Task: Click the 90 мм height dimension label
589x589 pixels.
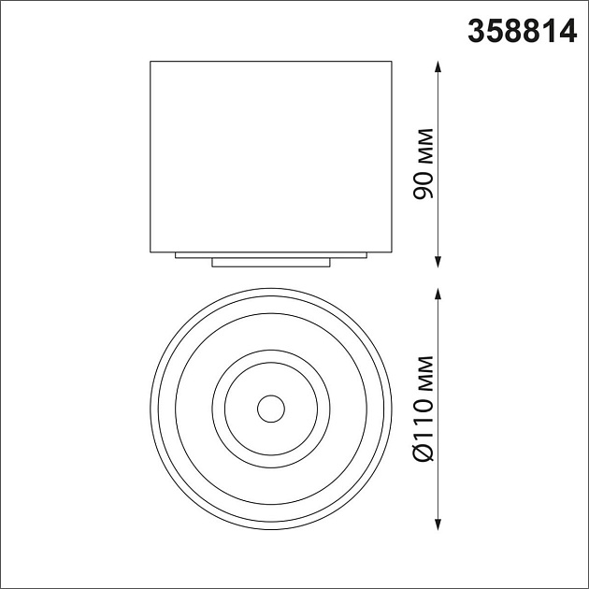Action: click(x=423, y=162)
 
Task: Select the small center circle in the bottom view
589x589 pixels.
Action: click(x=271, y=408)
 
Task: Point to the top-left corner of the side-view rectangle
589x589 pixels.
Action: click(x=151, y=61)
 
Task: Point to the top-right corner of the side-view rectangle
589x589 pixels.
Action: click(x=392, y=61)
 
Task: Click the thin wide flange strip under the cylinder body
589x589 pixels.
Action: click(x=271, y=254)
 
